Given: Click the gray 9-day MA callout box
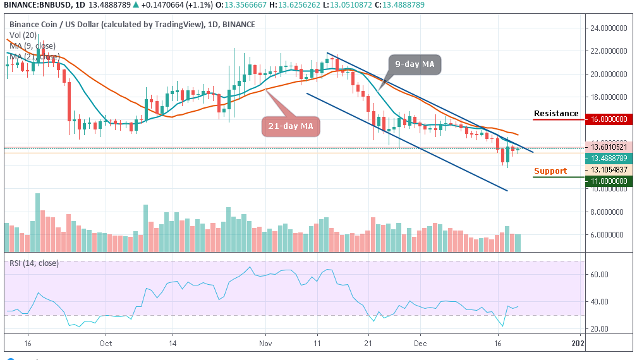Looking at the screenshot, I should point(414,64).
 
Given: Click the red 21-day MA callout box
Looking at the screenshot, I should point(290,126).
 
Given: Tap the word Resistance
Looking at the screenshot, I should point(556,114).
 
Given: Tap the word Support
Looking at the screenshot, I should point(550,171).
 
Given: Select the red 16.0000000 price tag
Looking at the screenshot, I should point(609,119).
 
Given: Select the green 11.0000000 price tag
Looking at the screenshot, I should point(609,181).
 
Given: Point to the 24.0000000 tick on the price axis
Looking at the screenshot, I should point(609,28).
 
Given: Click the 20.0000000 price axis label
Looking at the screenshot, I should point(609,75).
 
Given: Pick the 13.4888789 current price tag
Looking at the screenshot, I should point(609,159).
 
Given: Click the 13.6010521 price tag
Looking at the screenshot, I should point(609,147).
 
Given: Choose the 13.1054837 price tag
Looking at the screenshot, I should point(609,170).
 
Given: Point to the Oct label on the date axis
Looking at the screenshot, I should point(106,344).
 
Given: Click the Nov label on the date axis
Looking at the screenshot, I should point(265,344).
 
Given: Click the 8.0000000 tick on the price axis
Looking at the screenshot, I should point(609,213).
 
